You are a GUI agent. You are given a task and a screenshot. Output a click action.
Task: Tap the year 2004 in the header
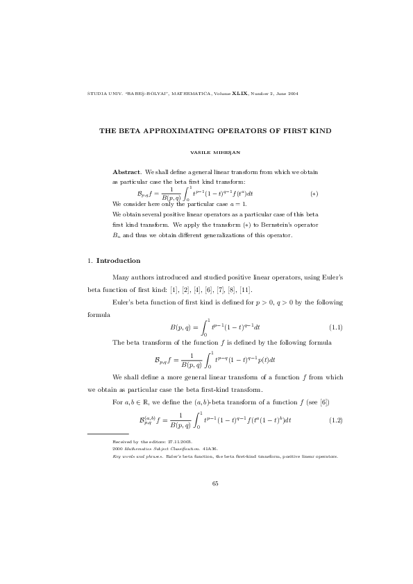point(292,93)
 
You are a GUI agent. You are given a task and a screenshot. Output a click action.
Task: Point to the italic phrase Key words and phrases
point(133,456)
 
